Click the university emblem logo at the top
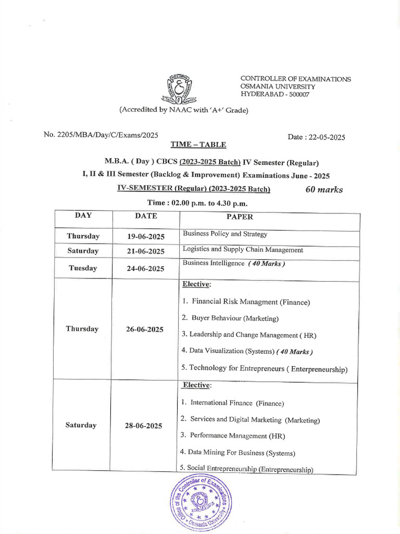179,89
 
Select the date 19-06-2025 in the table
146,236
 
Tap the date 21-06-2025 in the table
146,251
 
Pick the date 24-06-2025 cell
146,269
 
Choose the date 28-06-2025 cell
143,426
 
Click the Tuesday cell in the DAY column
82,268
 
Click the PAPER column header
240,217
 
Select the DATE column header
146,216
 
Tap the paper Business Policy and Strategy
225,234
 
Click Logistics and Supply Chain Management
243,250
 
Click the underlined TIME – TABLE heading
198,144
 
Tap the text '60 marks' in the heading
324,190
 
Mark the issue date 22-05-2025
316,137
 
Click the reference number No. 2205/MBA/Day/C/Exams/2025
101,135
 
